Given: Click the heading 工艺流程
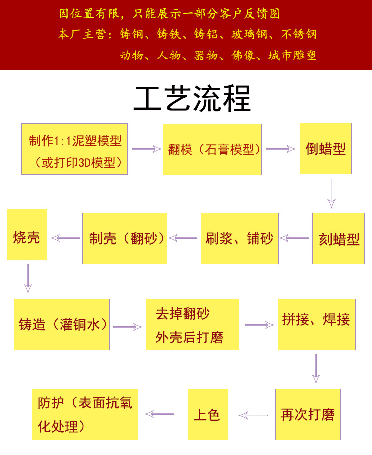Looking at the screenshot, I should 192,100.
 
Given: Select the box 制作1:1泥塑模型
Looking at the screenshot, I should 74,149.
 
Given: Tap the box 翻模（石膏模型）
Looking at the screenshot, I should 212,150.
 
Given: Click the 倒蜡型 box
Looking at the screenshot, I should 325,149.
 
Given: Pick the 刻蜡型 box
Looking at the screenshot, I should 338,238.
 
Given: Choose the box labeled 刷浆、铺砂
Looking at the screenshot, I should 240,238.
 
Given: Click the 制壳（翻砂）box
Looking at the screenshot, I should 124,238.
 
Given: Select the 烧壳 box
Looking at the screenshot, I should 27,234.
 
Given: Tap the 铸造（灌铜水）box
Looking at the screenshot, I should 62,325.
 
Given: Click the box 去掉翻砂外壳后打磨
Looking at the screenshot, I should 192,325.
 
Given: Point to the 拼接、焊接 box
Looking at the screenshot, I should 316,325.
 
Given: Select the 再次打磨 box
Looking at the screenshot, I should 308,414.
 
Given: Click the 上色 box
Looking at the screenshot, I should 208,414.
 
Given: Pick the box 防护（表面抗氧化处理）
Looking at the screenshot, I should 85,414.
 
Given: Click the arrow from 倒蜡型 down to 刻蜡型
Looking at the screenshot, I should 332,194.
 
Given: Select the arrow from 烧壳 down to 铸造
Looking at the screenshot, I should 28,279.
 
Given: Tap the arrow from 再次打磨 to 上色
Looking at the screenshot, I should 253,415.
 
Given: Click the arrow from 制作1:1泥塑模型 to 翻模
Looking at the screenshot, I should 147,149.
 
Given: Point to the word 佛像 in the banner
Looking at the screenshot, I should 243,56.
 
